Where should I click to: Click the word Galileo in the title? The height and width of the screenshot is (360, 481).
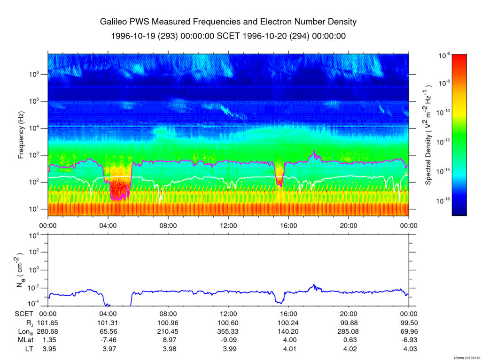tap(115, 22)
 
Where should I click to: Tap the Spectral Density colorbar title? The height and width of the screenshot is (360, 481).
tap(429, 135)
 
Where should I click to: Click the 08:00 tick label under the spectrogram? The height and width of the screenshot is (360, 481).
tap(168, 225)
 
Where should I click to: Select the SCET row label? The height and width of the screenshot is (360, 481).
tap(24, 314)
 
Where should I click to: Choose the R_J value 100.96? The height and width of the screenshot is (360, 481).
tap(168, 322)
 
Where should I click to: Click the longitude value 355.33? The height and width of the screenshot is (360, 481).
tap(228, 331)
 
